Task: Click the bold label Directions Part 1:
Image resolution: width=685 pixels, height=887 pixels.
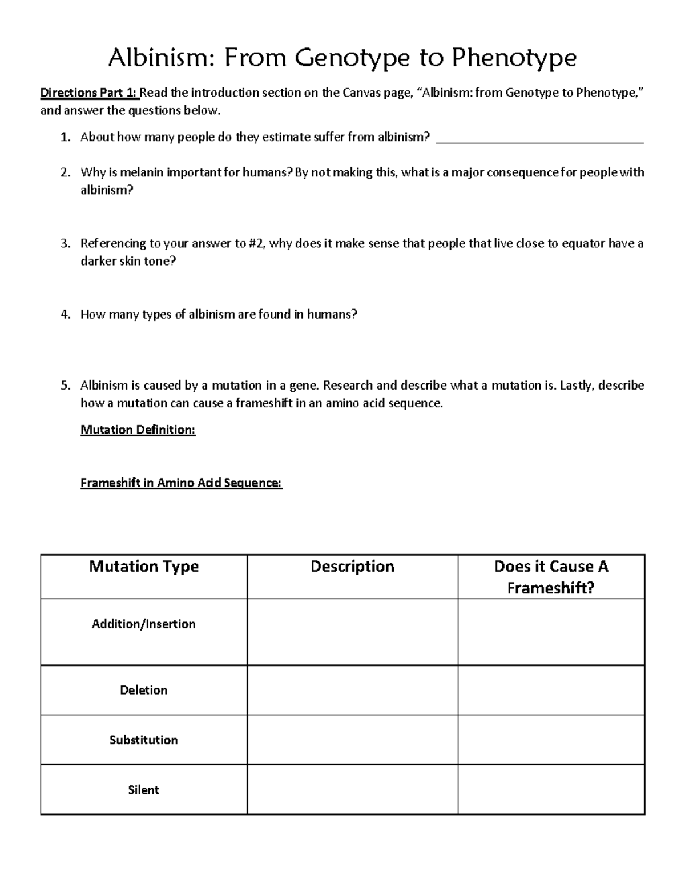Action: [x=89, y=93]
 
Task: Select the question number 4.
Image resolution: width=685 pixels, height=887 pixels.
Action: [x=66, y=314]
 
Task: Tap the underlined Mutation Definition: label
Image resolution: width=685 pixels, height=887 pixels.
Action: [x=138, y=430]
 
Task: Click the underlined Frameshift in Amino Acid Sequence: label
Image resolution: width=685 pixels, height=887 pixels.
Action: [x=181, y=483]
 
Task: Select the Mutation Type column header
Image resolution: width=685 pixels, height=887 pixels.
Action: [x=144, y=567]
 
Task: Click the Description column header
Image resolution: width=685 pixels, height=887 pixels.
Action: [x=352, y=567]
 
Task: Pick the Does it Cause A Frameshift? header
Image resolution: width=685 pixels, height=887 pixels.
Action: [x=551, y=577]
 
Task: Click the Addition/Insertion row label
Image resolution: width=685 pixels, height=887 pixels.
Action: [x=144, y=624]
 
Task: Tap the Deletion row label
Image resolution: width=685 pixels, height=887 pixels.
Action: [x=144, y=690]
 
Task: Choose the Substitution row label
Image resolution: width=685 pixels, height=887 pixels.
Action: [x=144, y=740]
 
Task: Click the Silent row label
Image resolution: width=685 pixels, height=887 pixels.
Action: [x=144, y=790]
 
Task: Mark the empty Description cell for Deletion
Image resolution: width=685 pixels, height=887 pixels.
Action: [x=352, y=690]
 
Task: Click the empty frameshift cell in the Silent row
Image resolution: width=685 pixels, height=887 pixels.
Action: [x=551, y=790]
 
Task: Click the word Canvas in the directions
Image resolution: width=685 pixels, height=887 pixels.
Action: [x=361, y=93]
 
